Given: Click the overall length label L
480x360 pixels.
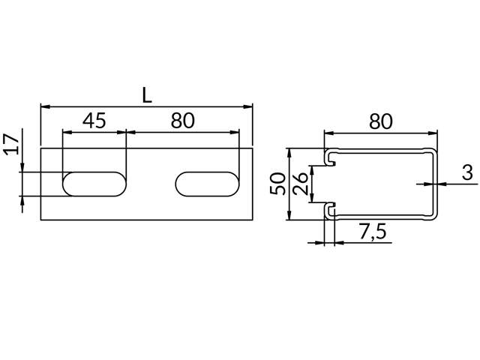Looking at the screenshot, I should point(146,95).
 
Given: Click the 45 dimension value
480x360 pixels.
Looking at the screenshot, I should point(94,121).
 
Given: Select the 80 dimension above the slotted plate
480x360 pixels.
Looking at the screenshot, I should point(182,121).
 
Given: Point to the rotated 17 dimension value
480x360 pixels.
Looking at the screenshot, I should point(10,144).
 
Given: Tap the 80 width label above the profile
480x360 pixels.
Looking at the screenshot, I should point(381,121).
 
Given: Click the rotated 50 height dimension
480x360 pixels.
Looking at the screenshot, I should point(277,184).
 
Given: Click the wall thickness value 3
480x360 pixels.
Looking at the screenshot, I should point(467,174).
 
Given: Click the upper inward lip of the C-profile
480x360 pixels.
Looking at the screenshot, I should point(331,159).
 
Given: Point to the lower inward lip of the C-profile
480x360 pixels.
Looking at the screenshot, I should point(331,208).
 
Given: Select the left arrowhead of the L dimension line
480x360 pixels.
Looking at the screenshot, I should point(44,107).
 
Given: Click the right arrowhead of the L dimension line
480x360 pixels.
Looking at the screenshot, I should point(250,107).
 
